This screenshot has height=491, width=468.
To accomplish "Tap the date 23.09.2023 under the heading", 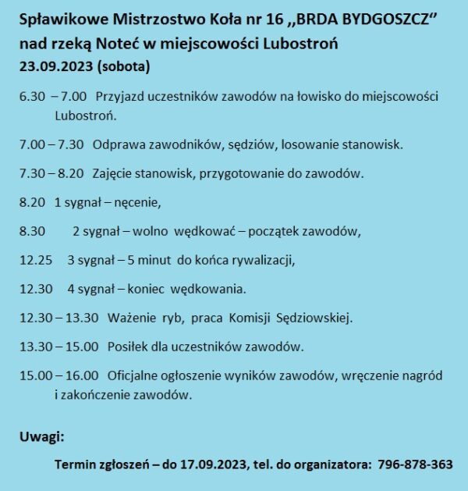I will (x=55, y=66).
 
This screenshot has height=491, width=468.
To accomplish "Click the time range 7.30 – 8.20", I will (x=52, y=173).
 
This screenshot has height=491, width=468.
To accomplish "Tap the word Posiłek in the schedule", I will (x=129, y=347).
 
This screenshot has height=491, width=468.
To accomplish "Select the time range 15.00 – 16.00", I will (x=58, y=375).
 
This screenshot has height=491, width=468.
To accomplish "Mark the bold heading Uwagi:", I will (x=42, y=436).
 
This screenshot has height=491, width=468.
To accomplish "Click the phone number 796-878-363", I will (x=415, y=464).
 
